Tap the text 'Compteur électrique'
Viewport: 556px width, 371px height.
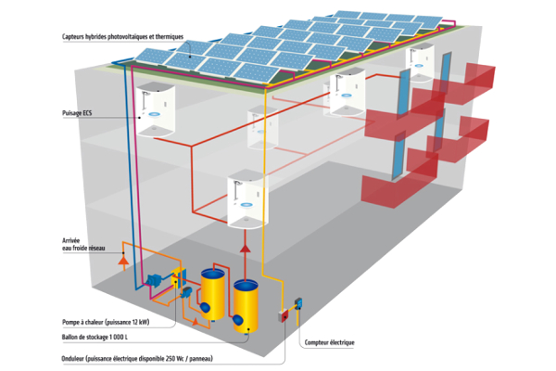(329, 342)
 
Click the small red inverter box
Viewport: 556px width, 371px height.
(284, 316)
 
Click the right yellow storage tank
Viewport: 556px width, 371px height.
(246, 305)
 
